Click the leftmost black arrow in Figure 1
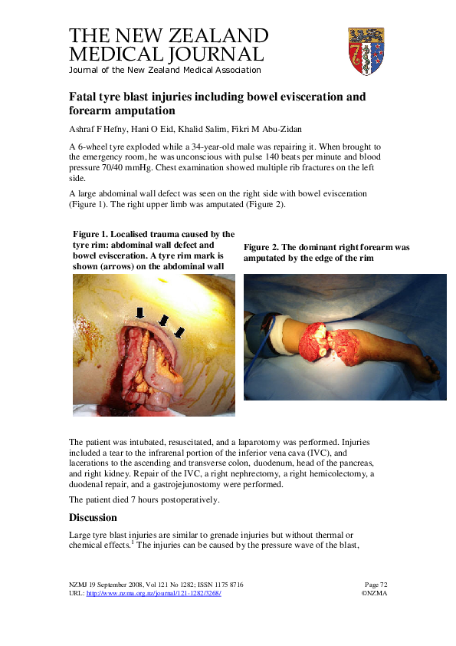coord(139,312)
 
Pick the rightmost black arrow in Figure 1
coord(179,332)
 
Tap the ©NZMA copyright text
coord(376,594)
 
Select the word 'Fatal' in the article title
coord(84,97)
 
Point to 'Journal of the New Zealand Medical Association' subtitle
coord(165,70)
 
